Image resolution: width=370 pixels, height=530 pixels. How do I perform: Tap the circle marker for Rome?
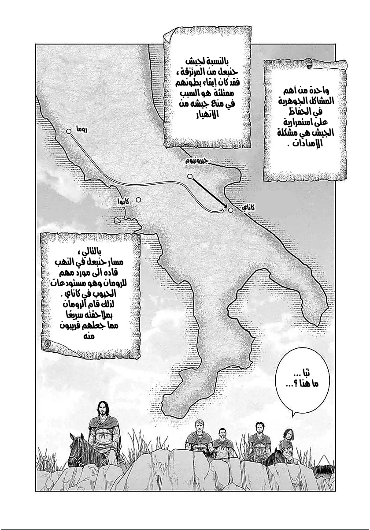[69, 131]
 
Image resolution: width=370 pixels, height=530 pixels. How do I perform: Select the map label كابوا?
[123, 202]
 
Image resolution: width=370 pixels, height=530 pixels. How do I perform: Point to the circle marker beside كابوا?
[138, 200]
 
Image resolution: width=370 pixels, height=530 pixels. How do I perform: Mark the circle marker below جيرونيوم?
[190, 176]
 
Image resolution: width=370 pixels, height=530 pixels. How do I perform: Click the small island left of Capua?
[117, 220]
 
